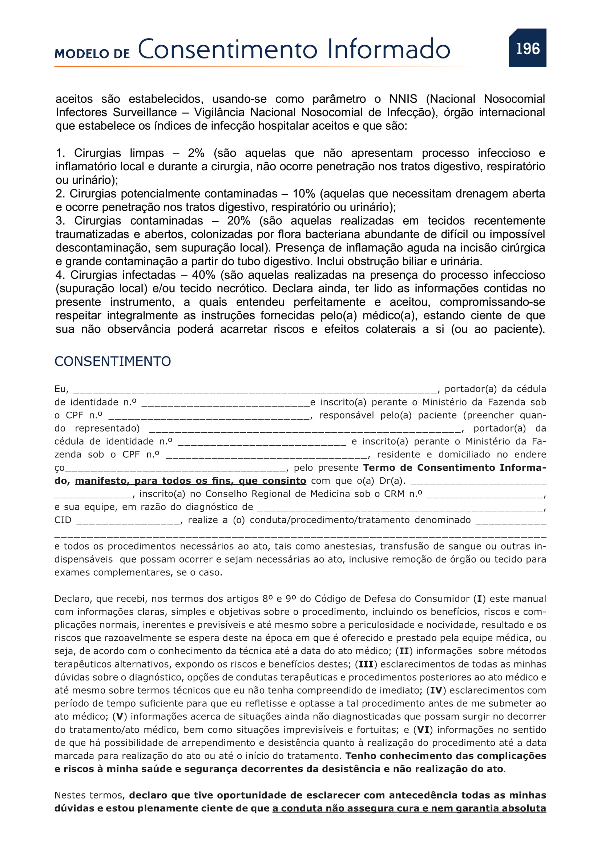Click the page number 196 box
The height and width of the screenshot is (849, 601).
[527, 48]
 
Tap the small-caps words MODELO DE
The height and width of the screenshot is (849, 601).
[92, 54]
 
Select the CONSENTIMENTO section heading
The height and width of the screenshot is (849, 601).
[113, 361]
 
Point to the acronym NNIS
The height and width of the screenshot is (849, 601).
[403, 99]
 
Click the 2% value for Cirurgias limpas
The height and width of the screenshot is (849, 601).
[196, 153]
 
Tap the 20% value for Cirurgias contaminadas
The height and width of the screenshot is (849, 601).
[238, 221]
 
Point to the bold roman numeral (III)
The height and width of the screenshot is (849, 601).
[366, 664]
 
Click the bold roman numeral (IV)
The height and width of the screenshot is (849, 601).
[436, 690]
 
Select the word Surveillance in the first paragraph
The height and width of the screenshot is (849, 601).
[145, 113]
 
